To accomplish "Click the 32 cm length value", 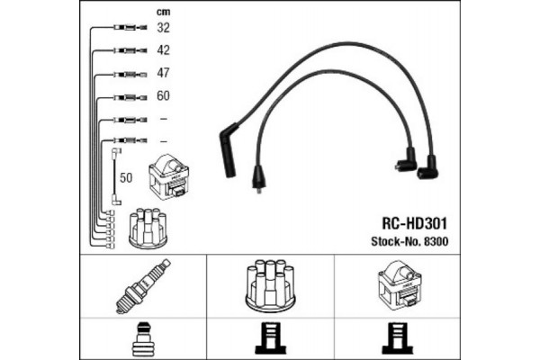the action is tap(163, 28).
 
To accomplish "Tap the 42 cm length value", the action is tap(163, 50).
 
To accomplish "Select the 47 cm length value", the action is tap(163, 73).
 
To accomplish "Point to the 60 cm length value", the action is tap(163, 95).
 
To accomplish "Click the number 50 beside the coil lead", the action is tap(126, 178).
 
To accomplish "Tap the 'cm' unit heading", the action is tap(163, 12).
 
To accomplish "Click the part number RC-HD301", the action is tap(414, 223).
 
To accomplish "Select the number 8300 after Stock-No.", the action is tap(436, 241).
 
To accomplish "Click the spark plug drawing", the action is tap(143, 286).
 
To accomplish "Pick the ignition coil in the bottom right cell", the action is tap(400, 285).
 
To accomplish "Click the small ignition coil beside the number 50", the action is tap(168, 176).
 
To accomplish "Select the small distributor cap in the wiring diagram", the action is tap(148, 228).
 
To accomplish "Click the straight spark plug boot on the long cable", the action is tap(229, 150).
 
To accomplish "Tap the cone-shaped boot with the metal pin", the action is tap(259, 178).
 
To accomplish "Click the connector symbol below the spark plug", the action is tap(143, 339).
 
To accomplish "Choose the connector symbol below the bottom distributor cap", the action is tap(270, 338).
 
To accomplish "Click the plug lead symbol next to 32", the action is tap(130, 28).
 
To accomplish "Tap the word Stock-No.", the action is tap(396, 241).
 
